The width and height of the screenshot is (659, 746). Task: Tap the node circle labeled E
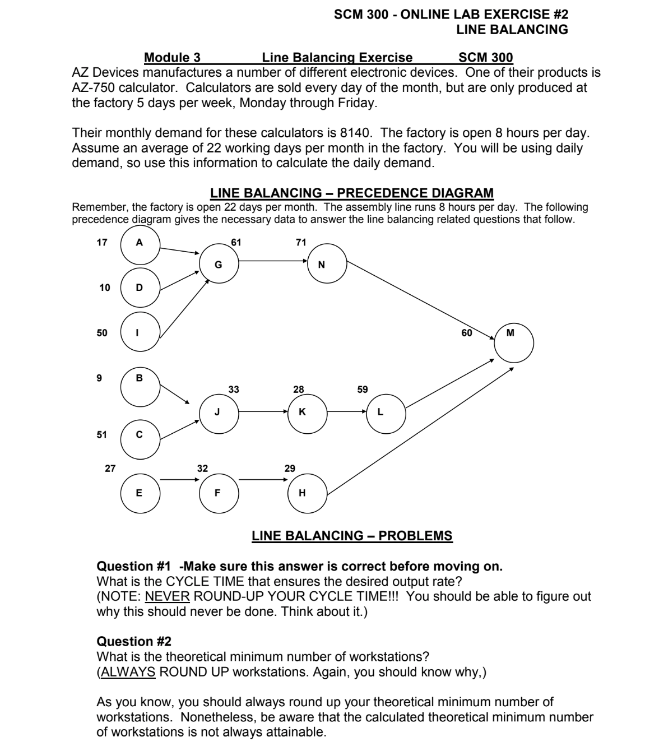(x=140, y=493)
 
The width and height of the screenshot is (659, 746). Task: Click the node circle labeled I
(x=140, y=332)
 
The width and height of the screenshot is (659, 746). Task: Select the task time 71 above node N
(x=301, y=242)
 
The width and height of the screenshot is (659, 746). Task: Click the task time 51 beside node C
(x=101, y=434)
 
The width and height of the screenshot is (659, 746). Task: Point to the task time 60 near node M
(x=467, y=333)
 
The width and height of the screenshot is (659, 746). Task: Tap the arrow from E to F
(x=179, y=480)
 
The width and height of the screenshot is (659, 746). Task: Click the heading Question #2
(x=134, y=641)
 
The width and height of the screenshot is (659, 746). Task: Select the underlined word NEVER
(x=167, y=596)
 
